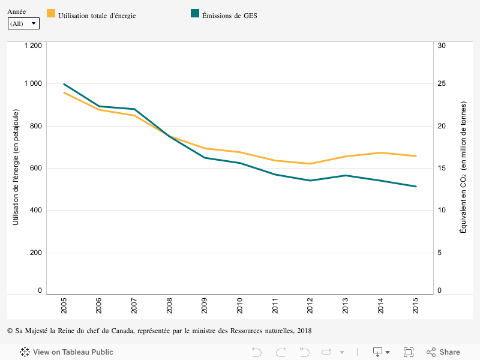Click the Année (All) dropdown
[23, 23]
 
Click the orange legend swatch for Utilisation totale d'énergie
[51, 14]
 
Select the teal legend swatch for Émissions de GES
[195, 14]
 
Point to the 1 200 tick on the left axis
[32, 46]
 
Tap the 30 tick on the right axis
[442, 46]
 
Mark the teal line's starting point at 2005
[64, 84]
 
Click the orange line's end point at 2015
[416, 156]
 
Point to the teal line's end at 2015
[416, 187]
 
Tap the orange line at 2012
[310, 164]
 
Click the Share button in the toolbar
[443, 352]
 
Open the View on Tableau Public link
[67, 352]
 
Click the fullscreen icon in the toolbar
[409, 352]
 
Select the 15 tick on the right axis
[442, 168]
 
